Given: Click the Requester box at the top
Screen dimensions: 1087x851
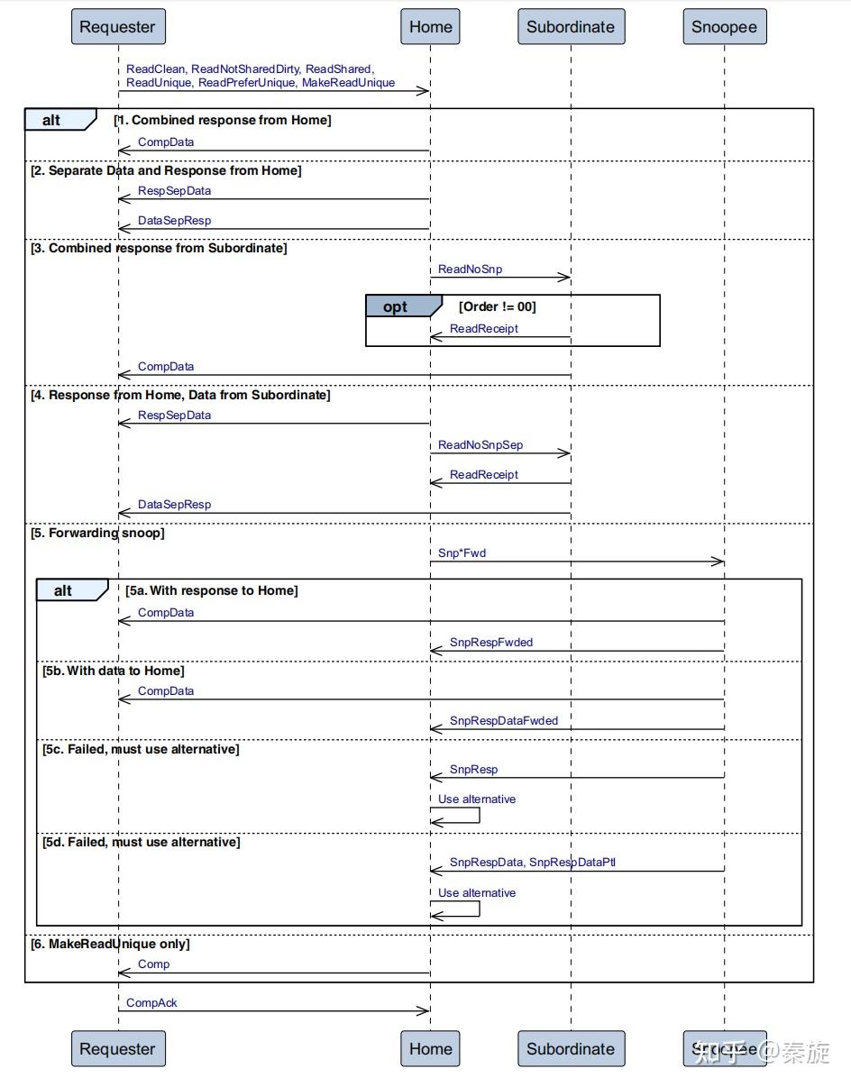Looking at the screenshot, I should click(117, 27).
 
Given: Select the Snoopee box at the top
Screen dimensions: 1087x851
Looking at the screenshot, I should click(724, 27).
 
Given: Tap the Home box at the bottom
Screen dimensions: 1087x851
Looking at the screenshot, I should click(430, 1049).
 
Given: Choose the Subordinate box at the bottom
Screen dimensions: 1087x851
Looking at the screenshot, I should click(571, 1049).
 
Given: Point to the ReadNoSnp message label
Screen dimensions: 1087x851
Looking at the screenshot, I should click(470, 269).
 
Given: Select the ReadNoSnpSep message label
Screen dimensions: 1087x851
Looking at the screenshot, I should click(480, 444).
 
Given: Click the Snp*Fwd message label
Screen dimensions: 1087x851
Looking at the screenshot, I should click(462, 553).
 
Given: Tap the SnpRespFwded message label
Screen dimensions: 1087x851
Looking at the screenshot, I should click(491, 642).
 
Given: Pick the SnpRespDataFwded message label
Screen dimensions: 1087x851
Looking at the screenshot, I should click(503, 720).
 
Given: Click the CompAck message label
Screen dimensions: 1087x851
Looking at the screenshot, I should click(151, 1002).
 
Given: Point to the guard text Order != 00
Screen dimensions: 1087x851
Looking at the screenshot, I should click(497, 306).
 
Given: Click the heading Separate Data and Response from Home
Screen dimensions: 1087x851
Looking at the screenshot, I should click(167, 170).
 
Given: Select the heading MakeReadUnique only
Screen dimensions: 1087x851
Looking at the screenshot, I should click(111, 944).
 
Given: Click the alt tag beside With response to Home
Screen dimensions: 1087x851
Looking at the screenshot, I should click(64, 590).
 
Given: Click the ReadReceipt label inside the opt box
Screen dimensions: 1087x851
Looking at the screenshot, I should click(484, 328).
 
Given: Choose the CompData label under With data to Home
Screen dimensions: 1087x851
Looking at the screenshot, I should click(166, 690).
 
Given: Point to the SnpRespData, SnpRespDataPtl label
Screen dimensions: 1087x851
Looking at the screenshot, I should click(532, 862).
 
